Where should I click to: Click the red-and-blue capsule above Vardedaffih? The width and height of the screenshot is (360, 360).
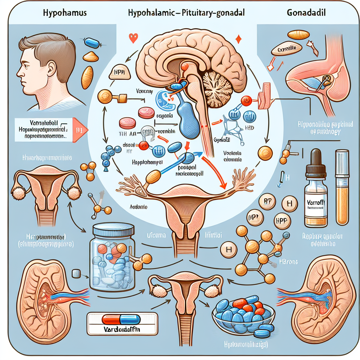click(116, 319)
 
